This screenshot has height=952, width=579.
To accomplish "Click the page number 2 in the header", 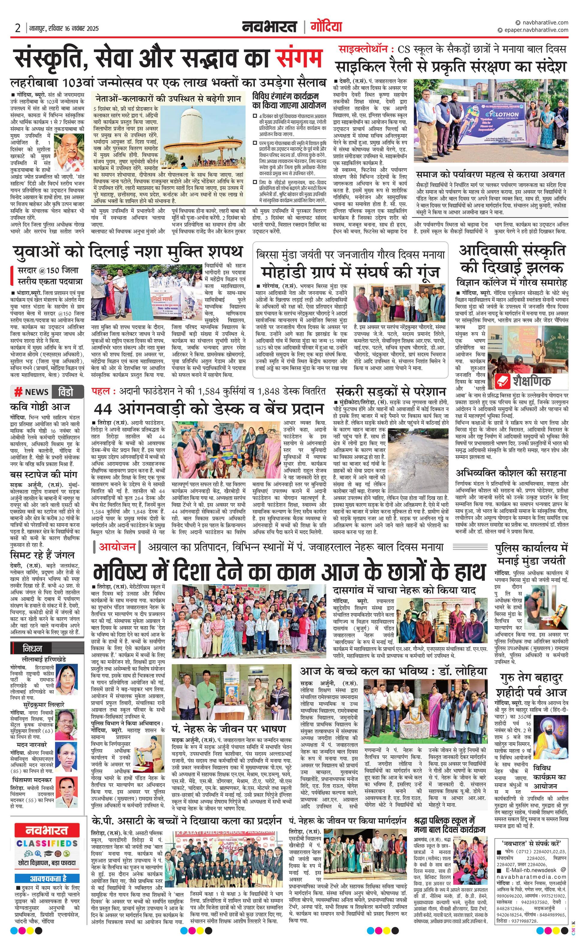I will point(18,28).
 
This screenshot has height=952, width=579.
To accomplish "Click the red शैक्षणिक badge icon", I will point(503,381).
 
